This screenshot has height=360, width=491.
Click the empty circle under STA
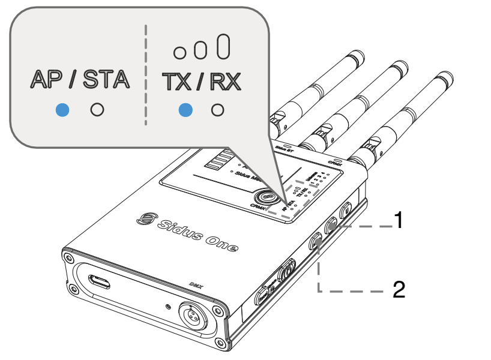click(97, 110)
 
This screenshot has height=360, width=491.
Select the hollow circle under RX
click(218, 110)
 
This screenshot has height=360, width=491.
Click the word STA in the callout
click(106, 79)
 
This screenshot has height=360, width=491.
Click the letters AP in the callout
click(46, 79)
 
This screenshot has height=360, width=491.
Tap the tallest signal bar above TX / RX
click(223, 47)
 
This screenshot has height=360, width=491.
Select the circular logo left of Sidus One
click(145, 218)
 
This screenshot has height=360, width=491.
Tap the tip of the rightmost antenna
click(445, 78)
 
